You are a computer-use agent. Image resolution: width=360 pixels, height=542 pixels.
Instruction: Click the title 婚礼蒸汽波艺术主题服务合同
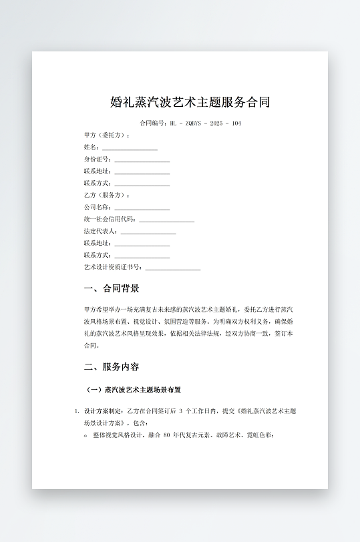pos(190,102)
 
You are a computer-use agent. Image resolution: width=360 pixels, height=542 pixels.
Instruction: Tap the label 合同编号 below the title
pos(153,123)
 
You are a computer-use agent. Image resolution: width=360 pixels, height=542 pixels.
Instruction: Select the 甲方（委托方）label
pos(107,135)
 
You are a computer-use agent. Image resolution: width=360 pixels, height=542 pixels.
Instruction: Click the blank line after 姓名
pos(130,148)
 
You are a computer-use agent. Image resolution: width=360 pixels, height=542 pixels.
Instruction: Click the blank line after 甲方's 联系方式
pos(142,184)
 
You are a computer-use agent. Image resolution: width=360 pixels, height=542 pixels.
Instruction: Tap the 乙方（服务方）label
pos(107,196)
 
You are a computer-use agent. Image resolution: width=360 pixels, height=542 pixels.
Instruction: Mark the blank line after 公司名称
pos(142,208)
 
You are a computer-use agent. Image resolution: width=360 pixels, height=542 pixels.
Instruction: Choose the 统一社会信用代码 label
pos(110,220)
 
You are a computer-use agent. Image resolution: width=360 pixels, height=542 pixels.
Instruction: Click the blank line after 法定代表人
pos(148,232)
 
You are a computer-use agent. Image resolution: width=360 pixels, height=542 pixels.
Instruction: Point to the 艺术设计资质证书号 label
pos(113,268)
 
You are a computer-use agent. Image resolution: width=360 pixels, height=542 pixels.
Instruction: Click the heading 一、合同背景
pos(112,289)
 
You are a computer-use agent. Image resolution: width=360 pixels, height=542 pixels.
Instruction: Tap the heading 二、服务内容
pos(112,367)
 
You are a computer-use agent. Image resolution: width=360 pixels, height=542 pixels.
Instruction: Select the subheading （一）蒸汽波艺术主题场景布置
pos(134,389)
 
